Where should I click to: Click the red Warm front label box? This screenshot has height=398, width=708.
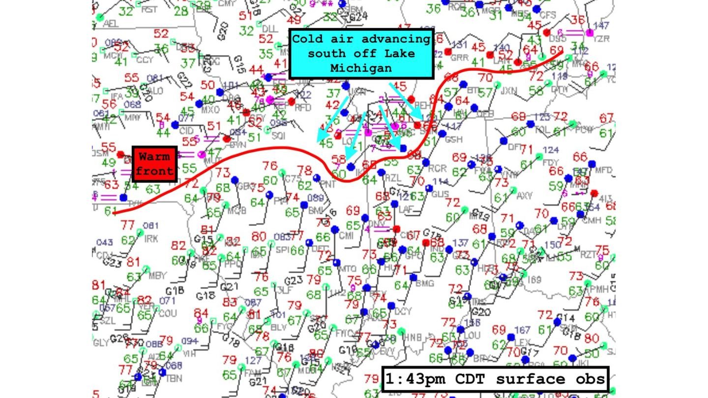pos(155,164)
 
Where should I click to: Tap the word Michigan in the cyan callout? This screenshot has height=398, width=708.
pos(361,68)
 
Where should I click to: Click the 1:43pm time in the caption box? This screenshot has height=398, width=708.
pos(414,379)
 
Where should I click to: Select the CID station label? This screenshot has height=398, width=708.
pos(186,132)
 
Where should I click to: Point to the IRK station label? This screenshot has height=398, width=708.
pos(151,238)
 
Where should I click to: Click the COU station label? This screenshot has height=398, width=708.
pos(167,313)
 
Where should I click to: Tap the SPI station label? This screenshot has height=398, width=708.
pos(282,249)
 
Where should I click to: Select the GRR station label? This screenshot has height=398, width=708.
pos(459,57)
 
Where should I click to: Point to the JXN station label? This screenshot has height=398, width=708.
pos(508,91)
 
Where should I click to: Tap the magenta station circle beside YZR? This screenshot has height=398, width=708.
pos(590,33)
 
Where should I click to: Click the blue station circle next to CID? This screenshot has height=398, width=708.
pos(175,125)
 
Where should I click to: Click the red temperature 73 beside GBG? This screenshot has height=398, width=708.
pos(222,172)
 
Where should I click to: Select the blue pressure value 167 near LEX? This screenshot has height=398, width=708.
pos(522,330)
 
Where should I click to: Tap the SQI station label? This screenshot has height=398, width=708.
pos(279,135)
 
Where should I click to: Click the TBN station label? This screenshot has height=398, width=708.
pos(174,378)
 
